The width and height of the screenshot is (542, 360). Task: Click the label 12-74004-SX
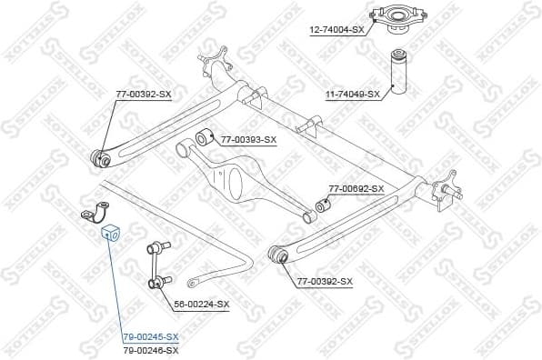coord(336,30)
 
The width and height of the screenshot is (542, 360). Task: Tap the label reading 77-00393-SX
coord(247,139)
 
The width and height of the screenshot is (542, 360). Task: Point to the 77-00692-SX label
coord(356,189)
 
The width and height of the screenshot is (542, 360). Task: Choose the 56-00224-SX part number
coord(202,304)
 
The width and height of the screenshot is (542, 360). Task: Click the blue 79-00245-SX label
coord(151,336)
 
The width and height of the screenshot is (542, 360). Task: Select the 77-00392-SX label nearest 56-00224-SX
coord(325,282)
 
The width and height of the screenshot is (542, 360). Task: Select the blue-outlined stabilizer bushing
coord(108,231)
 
